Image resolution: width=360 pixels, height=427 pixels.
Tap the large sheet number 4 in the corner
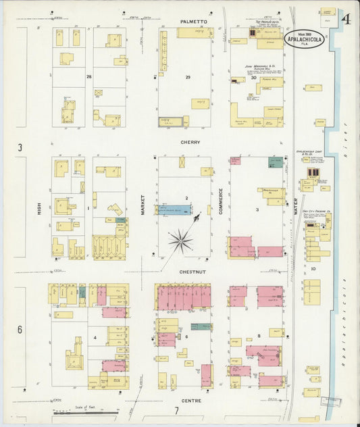(345, 18)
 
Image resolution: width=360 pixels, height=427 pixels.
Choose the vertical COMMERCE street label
(220, 201)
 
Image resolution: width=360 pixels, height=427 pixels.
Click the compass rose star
(180, 241)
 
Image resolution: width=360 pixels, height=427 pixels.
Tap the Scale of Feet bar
(85, 411)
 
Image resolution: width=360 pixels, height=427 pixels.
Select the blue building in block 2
(174, 210)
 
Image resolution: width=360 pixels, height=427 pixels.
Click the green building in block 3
(275, 162)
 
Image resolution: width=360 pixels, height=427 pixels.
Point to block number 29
(188, 78)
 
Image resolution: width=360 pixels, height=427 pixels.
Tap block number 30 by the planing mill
(253, 78)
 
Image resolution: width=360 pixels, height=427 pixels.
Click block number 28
(88, 78)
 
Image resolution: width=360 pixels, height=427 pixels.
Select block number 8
(258, 336)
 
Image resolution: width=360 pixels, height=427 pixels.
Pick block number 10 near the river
(313, 268)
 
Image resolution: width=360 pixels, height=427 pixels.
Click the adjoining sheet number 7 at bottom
(177, 410)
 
